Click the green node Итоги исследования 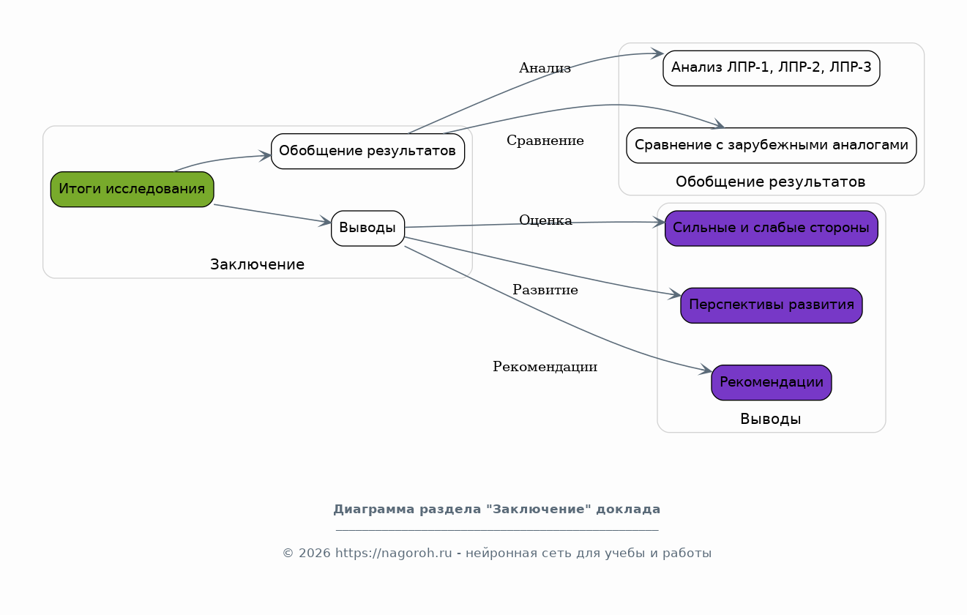click(x=132, y=190)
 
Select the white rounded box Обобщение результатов click(x=367, y=152)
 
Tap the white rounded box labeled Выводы click(x=367, y=228)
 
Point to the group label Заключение click(x=257, y=265)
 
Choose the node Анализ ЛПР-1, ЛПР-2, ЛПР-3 click(x=771, y=68)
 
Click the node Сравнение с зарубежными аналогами click(x=771, y=145)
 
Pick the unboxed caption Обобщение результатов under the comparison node click(x=770, y=182)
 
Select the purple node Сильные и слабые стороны click(x=771, y=228)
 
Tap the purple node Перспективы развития click(x=771, y=305)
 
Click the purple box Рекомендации click(x=771, y=382)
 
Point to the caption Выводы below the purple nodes click(x=770, y=420)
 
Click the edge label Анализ click(x=545, y=69)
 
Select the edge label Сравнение click(x=545, y=141)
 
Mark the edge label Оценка click(x=545, y=221)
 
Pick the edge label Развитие click(x=545, y=291)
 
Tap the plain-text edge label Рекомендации click(x=545, y=368)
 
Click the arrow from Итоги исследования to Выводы click(x=271, y=213)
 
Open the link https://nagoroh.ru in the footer click(x=393, y=553)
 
